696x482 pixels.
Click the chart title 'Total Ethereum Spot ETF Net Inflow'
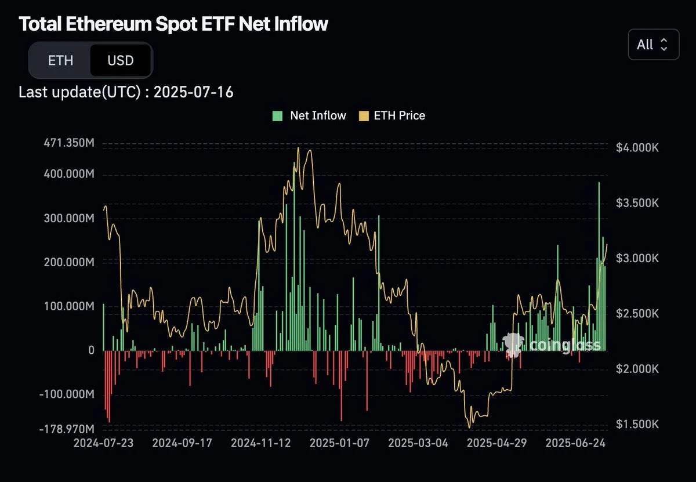click(173, 24)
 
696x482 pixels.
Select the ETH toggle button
click(60, 60)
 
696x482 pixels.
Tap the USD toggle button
click(121, 60)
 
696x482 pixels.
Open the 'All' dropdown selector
click(653, 45)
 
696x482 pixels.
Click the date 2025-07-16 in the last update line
click(194, 92)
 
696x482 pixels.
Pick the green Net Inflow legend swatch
click(278, 115)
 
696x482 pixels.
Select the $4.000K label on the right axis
click(637, 148)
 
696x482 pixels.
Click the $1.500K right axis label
click(637, 425)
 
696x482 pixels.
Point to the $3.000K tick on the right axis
click(637, 258)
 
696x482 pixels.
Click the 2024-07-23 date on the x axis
click(104, 444)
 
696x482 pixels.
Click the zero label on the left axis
click(92, 350)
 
